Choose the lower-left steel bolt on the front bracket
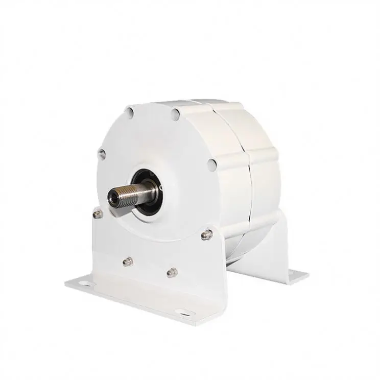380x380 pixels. pos(126,262)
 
